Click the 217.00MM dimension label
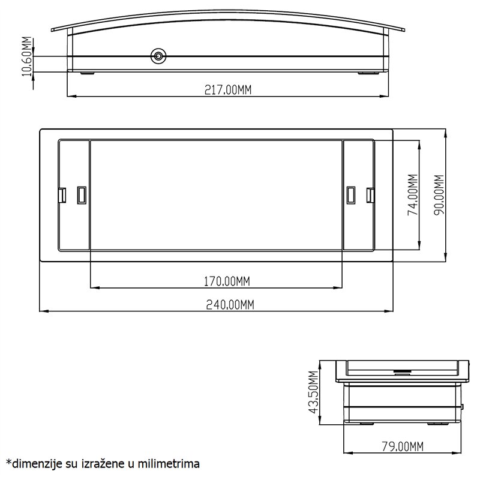228,89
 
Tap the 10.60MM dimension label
27,56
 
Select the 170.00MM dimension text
227,281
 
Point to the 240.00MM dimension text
230,305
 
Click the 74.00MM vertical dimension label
413,195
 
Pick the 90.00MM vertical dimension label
439,195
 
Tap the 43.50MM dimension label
313,392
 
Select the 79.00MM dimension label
403,446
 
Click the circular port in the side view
158,56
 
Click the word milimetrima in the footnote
169,464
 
